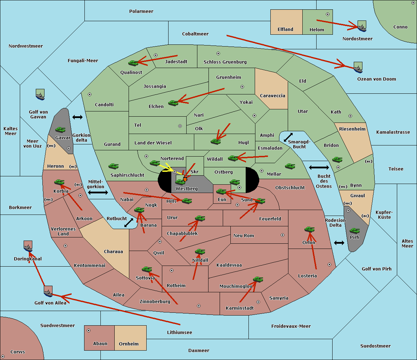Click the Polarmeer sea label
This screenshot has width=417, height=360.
point(141,11)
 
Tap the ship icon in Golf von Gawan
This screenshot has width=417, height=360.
point(40,94)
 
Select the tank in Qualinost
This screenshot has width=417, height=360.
point(133,63)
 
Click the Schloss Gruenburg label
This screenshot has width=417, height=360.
point(225,62)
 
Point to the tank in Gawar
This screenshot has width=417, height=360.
point(60,130)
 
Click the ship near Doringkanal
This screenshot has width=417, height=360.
point(28,246)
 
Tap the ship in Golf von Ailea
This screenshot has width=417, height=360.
point(48,292)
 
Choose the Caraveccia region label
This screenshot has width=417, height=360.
point(272,95)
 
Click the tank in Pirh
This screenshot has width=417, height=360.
point(354,231)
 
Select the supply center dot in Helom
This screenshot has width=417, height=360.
point(328,14)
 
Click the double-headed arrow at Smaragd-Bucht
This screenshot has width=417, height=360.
point(288,137)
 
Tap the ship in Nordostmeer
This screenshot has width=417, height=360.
point(362,26)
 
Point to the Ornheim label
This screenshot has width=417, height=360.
point(129,344)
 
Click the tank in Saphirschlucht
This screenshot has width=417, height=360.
point(113,166)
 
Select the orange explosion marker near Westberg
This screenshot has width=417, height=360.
point(185,179)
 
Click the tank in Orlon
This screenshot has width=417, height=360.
point(310,229)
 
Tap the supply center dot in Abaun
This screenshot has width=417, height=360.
point(89,330)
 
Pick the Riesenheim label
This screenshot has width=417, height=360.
point(352,129)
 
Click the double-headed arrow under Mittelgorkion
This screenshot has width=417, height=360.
point(98,193)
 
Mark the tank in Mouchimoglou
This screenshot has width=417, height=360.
point(258,279)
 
